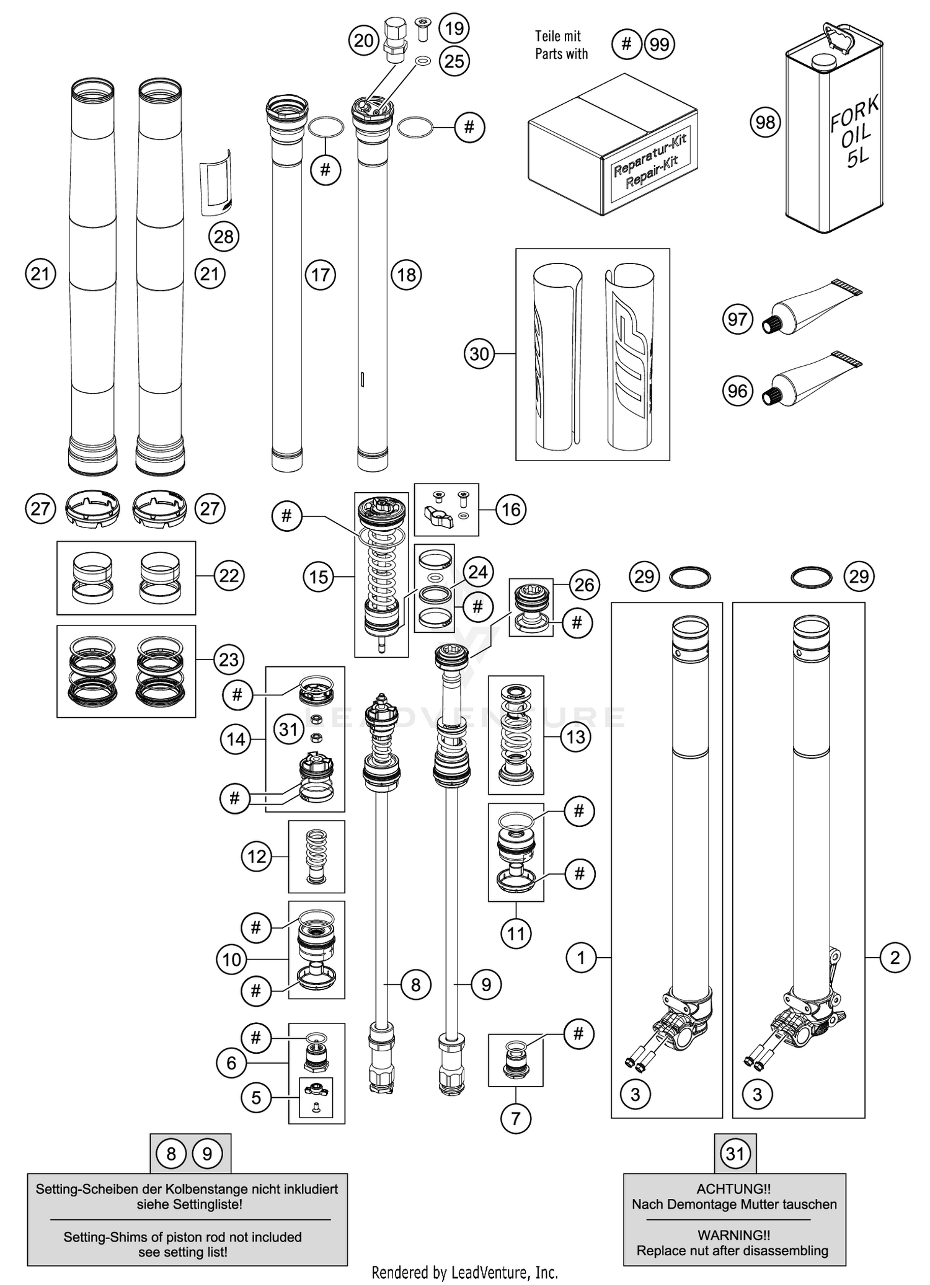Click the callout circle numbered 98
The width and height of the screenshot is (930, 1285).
(x=765, y=122)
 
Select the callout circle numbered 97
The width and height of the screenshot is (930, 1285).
(x=738, y=319)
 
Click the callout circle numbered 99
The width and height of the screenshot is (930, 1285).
(x=660, y=45)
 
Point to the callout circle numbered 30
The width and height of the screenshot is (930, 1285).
(x=479, y=354)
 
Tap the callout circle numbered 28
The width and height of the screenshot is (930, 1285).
(x=224, y=236)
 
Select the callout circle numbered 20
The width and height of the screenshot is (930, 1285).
(x=364, y=41)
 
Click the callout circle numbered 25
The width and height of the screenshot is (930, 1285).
(x=454, y=61)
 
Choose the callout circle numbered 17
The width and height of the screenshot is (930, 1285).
(x=321, y=275)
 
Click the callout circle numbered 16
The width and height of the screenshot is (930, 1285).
(x=511, y=510)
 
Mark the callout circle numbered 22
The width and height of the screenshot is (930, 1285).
(x=229, y=576)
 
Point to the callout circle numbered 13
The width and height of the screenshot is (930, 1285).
(x=575, y=737)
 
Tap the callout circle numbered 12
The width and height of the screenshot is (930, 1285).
(x=257, y=857)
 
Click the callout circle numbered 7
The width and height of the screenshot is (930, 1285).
(x=516, y=1118)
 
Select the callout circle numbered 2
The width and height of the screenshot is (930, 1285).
(x=895, y=958)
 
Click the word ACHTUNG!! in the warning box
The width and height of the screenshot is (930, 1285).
(x=733, y=1189)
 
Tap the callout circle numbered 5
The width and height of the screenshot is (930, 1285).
(x=256, y=1098)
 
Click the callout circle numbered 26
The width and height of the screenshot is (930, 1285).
(x=584, y=585)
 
